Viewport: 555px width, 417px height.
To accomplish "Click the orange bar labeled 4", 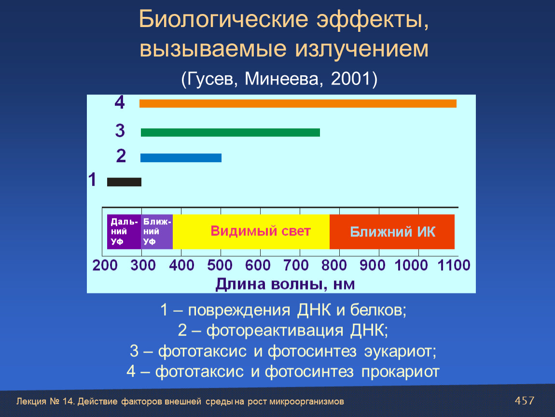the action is [x=298, y=103].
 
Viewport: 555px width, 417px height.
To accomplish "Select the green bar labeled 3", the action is [x=230, y=132].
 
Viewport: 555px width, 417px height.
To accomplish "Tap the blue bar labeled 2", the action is [x=181, y=158].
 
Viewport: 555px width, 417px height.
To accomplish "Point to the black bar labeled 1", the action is [x=124, y=182].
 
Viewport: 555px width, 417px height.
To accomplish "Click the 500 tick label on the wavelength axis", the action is [x=220, y=265].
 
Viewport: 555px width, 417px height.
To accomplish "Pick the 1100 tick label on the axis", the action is [x=454, y=265].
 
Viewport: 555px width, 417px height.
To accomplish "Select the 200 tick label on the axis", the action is [x=105, y=265].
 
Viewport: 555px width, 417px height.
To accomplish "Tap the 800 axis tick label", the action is [x=334, y=265].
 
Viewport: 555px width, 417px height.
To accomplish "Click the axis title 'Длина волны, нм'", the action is [x=285, y=284].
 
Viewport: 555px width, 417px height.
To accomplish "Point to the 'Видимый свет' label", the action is [x=261, y=231].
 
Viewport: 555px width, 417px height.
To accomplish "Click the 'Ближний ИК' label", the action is [x=392, y=232].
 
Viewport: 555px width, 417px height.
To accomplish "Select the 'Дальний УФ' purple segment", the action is [x=124, y=232].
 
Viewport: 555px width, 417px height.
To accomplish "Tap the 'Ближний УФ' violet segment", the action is [x=157, y=232].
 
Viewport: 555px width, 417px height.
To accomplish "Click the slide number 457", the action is [x=524, y=401].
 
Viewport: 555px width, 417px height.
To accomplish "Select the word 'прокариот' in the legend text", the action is [x=400, y=372].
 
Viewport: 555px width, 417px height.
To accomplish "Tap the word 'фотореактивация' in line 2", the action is [x=275, y=330].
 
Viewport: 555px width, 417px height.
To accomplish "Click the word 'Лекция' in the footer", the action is [x=31, y=402].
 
